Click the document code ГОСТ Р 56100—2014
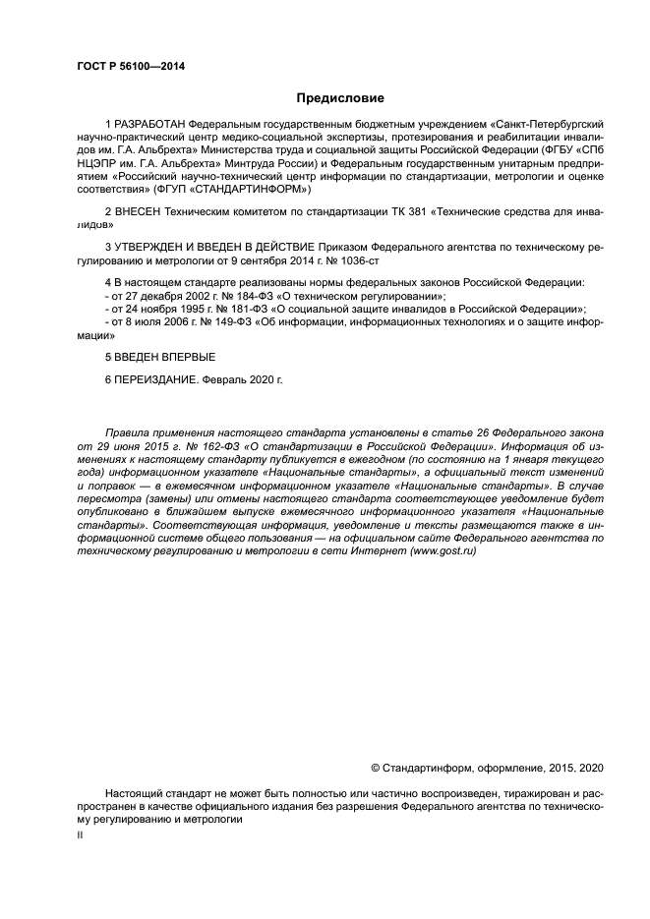click(131, 66)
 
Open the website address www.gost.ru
click(447, 551)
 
